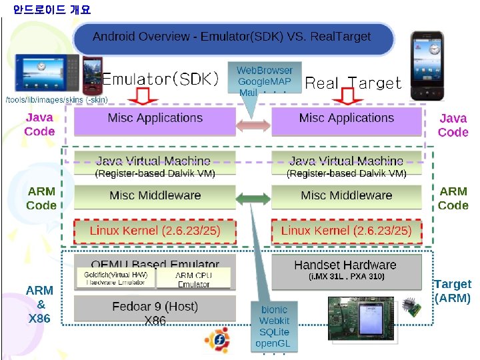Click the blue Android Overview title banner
pos(232,37)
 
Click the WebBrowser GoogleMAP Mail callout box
pos(265,81)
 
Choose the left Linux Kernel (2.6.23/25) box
pos(155,231)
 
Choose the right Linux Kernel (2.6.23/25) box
pos(347,231)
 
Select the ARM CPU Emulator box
pos(193,279)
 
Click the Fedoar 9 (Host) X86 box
pos(155,309)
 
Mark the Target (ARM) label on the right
pos(452,291)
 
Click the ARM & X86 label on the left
pos(39,305)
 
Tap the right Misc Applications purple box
pos(347,119)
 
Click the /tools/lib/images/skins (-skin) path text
pos(57,100)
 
